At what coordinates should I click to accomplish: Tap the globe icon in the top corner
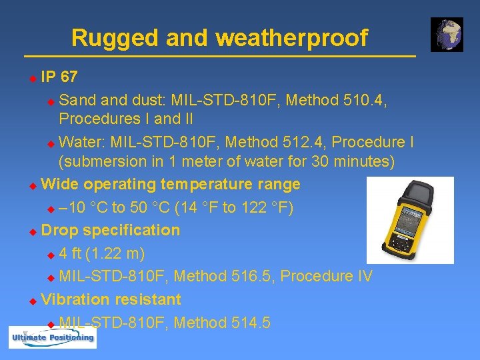click(x=447, y=35)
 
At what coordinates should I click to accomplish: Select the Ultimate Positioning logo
click(x=52, y=337)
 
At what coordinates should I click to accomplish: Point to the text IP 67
click(x=59, y=77)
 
